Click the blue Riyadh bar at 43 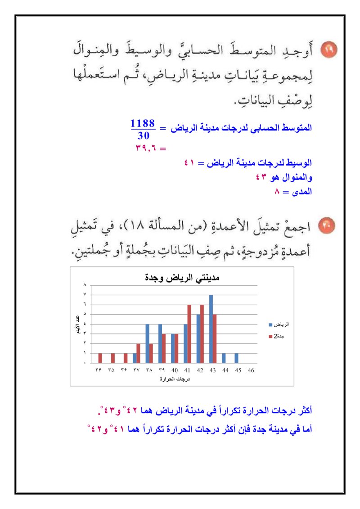tap(211, 329)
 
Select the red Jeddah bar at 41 tap(189, 334)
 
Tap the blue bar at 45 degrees tap(236, 358)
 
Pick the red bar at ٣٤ tap(100, 358)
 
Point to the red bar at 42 tap(202, 334)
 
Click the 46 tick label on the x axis tap(251, 370)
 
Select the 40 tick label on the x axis tap(175, 370)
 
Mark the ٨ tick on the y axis tap(85, 285)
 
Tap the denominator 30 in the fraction tap(144, 135)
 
